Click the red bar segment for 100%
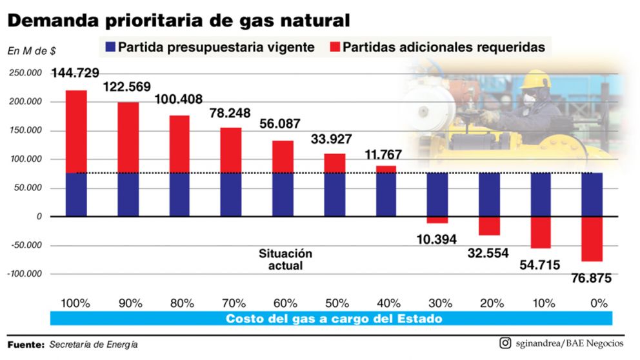click(76, 131)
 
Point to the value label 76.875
click(592, 278)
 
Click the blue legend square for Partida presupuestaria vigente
click(108, 47)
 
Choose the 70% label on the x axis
click(230, 302)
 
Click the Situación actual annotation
click(285, 259)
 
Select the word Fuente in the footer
click(25, 345)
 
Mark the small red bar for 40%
click(385, 169)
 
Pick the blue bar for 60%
click(282, 194)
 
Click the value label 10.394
click(437, 239)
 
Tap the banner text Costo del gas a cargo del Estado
click(334, 319)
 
